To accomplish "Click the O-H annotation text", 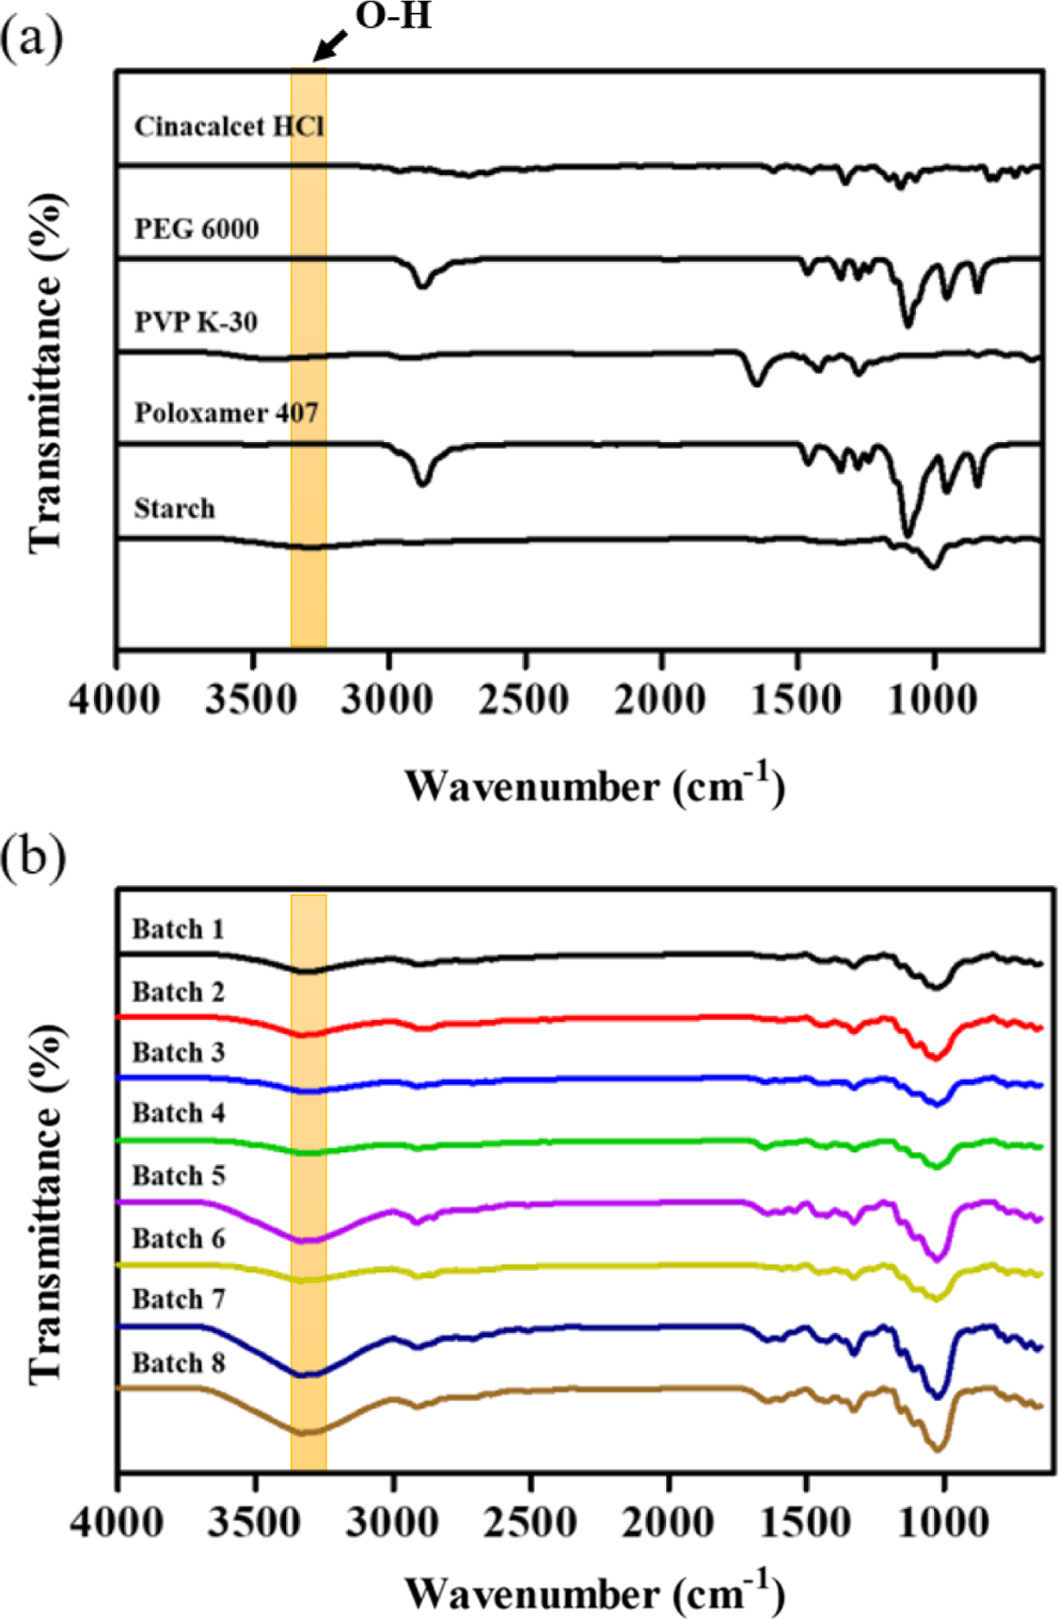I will pos(393,16).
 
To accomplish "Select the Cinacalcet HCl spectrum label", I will pos(229,127).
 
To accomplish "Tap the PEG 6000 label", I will pos(196,228).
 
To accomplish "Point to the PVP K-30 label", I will pos(196,321).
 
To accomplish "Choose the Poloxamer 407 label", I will pos(226,413).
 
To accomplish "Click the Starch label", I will pos(174,508).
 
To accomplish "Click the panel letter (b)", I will pos(33,857).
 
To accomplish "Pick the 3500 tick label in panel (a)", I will pos(251,698).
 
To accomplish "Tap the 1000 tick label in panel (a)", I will pos(933,698).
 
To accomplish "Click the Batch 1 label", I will pos(177,929).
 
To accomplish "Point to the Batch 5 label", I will pos(178,1175).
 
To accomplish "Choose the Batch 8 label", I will pos(178,1363).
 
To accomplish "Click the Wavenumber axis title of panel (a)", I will pos(594,785).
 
